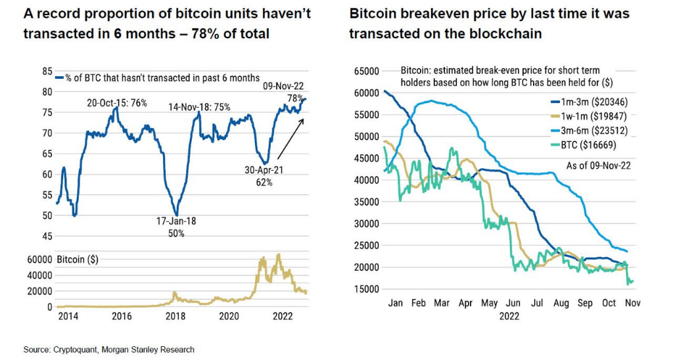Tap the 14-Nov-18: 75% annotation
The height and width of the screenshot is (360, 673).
199,107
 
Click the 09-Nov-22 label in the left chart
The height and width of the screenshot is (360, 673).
284,85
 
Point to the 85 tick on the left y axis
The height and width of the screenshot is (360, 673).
47,71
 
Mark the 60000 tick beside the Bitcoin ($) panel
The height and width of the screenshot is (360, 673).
40,259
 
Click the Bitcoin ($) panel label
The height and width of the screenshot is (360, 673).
78,259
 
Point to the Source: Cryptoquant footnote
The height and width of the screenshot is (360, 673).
109,349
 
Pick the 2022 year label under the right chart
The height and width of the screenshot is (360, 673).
509,316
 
